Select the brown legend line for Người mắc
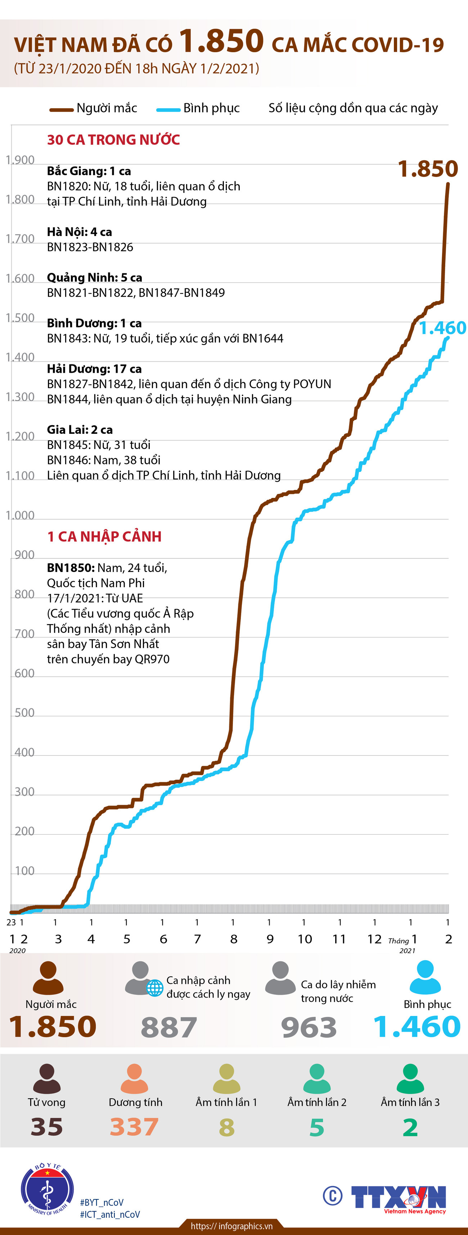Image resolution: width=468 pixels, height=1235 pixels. point(62,109)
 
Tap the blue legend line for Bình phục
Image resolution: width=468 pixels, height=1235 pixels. point(168,109)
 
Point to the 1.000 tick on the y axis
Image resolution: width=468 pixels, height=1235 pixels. point(20,516)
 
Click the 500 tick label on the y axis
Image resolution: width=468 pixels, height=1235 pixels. point(24,713)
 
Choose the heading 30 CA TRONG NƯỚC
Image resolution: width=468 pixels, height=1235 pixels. point(113,140)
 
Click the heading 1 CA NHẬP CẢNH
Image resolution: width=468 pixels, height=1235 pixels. point(104,536)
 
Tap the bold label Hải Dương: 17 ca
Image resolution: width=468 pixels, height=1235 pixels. point(94,369)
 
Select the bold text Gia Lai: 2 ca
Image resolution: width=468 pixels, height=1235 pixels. point(80,430)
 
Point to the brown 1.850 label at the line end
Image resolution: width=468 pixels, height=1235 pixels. point(428,169)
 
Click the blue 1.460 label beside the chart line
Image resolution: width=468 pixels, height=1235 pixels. point(442,328)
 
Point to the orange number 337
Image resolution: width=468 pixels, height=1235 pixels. point(134,1127)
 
